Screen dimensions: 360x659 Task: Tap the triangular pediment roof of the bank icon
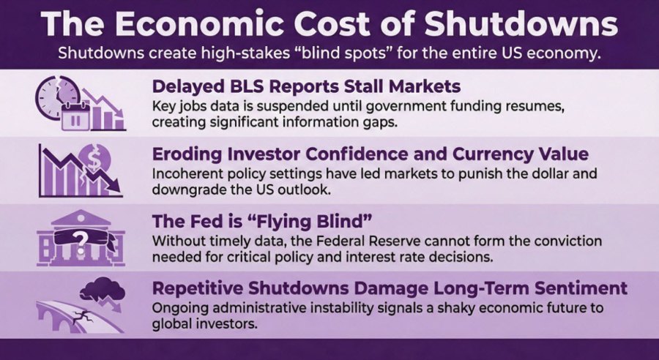coord(80,217)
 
